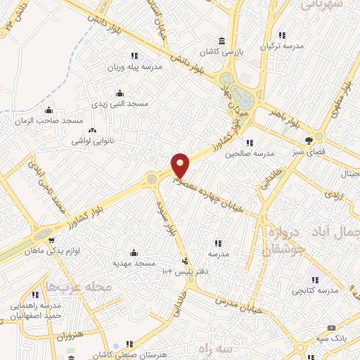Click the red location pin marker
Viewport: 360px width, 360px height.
click(x=181, y=165)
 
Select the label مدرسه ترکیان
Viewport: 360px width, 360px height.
click(x=281, y=46)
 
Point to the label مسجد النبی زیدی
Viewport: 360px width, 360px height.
click(x=120, y=104)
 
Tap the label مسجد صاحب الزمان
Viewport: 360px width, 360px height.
click(x=49, y=121)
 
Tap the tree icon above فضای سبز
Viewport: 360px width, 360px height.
click(x=308, y=140)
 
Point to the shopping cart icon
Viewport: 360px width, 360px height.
click(x=51, y=240)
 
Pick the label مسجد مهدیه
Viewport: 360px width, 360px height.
click(x=134, y=262)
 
